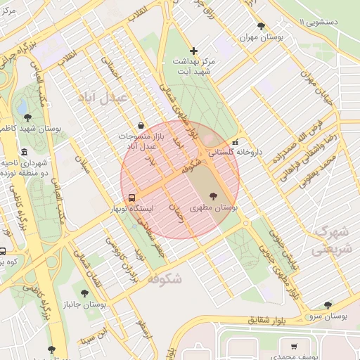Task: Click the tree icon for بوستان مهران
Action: click(262, 26)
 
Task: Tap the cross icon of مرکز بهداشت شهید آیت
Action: click(194, 51)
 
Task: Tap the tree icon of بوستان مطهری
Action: click(213, 196)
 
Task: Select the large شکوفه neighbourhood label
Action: click(165, 278)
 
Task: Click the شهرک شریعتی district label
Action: click(330, 240)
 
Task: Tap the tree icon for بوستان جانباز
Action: click(84, 293)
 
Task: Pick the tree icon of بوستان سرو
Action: click(328, 304)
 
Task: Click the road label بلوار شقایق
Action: click(271, 320)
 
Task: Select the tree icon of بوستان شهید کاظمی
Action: click(27, 117)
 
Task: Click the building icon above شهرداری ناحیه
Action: click(25, 153)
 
